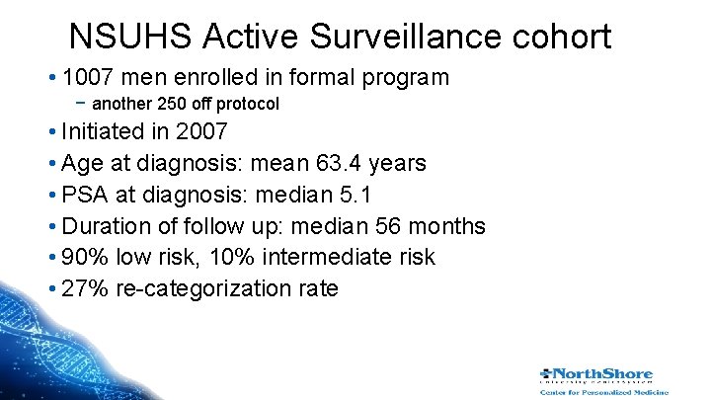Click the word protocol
(x=248, y=104)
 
